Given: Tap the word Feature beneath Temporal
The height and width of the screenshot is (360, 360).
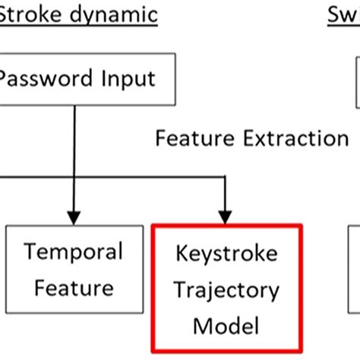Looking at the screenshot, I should (x=74, y=287).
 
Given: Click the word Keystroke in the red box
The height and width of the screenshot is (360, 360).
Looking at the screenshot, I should (x=226, y=253).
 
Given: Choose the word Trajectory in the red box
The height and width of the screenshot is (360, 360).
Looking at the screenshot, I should (x=226, y=289).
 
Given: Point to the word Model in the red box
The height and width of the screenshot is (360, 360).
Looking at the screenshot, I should (x=226, y=326).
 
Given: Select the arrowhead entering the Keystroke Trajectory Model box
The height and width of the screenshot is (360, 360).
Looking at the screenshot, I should (x=226, y=216).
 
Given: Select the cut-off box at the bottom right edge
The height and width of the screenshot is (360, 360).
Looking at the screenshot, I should (x=355, y=289).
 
